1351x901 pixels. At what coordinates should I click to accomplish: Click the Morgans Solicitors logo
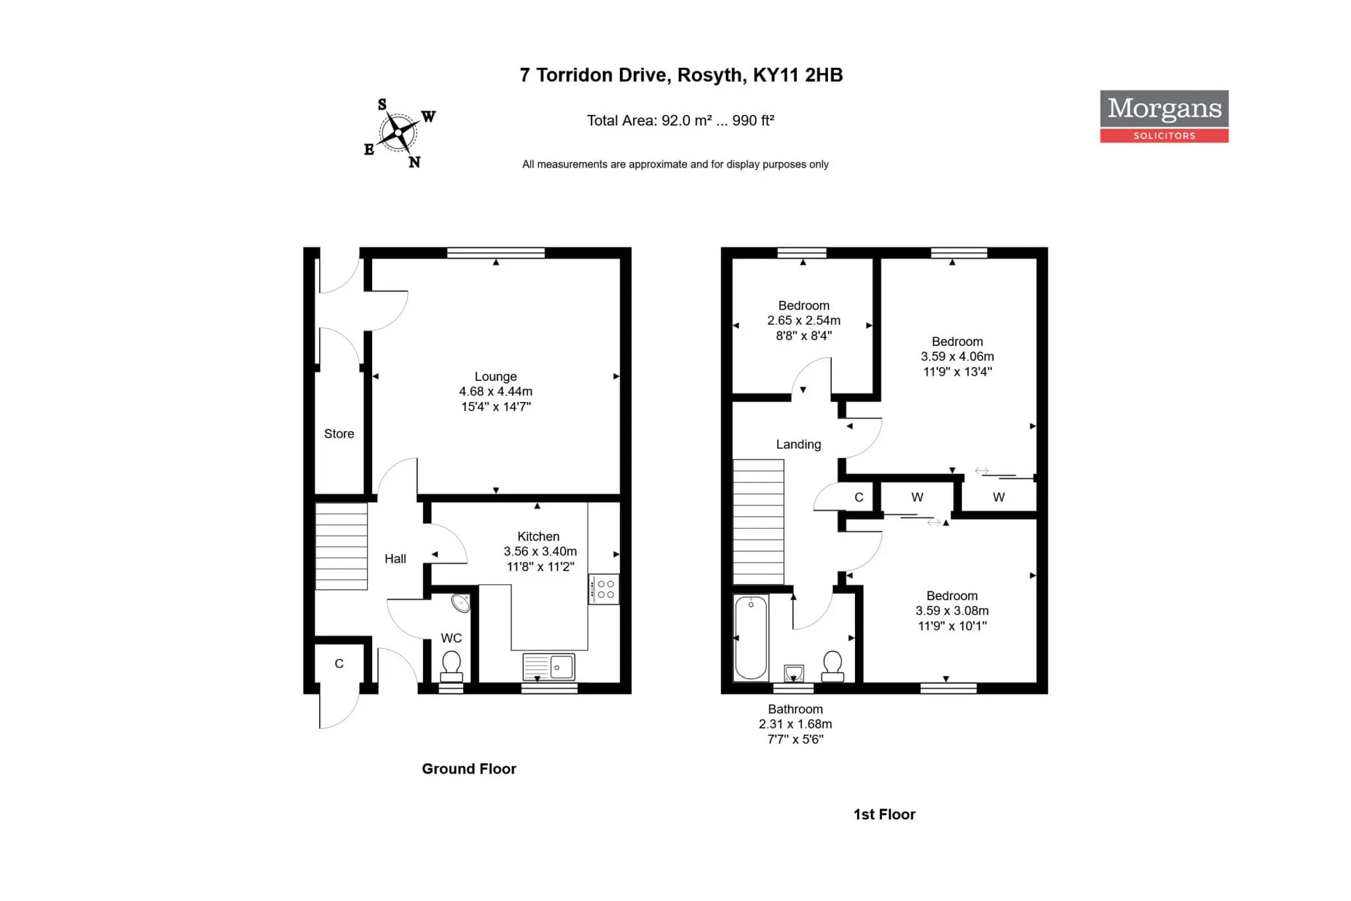pyautogui.click(x=1164, y=116)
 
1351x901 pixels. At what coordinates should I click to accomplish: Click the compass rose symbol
pyautogui.click(x=399, y=133)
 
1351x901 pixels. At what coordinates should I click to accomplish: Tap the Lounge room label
pyautogui.click(x=495, y=376)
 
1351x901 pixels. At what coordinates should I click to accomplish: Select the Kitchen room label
pyautogui.click(x=538, y=537)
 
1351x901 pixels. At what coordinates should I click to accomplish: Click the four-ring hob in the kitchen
pyautogui.click(x=604, y=589)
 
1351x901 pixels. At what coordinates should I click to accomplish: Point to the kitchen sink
pyautogui.click(x=549, y=667)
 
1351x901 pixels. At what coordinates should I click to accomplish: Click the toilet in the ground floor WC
pyautogui.click(x=451, y=667)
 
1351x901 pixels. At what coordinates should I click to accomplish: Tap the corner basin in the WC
pyautogui.click(x=460, y=603)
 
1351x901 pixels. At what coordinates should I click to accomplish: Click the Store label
pyautogui.click(x=339, y=434)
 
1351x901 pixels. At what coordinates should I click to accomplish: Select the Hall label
pyautogui.click(x=395, y=558)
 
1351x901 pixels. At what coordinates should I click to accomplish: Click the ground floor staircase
pyautogui.click(x=342, y=546)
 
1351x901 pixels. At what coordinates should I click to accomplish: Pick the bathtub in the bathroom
pyautogui.click(x=751, y=638)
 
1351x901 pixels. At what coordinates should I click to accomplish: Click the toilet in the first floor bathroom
pyautogui.click(x=833, y=667)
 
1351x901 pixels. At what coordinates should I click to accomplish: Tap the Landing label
pyautogui.click(x=798, y=444)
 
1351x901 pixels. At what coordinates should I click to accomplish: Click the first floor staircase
pyautogui.click(x=759, y=522)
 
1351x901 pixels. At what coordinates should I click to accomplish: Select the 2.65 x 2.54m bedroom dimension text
pyautogui.click(x=803, y=320)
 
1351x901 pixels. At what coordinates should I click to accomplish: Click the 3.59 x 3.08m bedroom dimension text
pyautogui.click(x=952, y=611)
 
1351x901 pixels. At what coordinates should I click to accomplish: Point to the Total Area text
pyautogui.click(x=681, y=120)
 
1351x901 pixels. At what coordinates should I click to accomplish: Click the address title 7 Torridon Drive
pyautogui.click(x=681, y=75)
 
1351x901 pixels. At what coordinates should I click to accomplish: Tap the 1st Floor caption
pyautogui.click(x=885, y=815)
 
